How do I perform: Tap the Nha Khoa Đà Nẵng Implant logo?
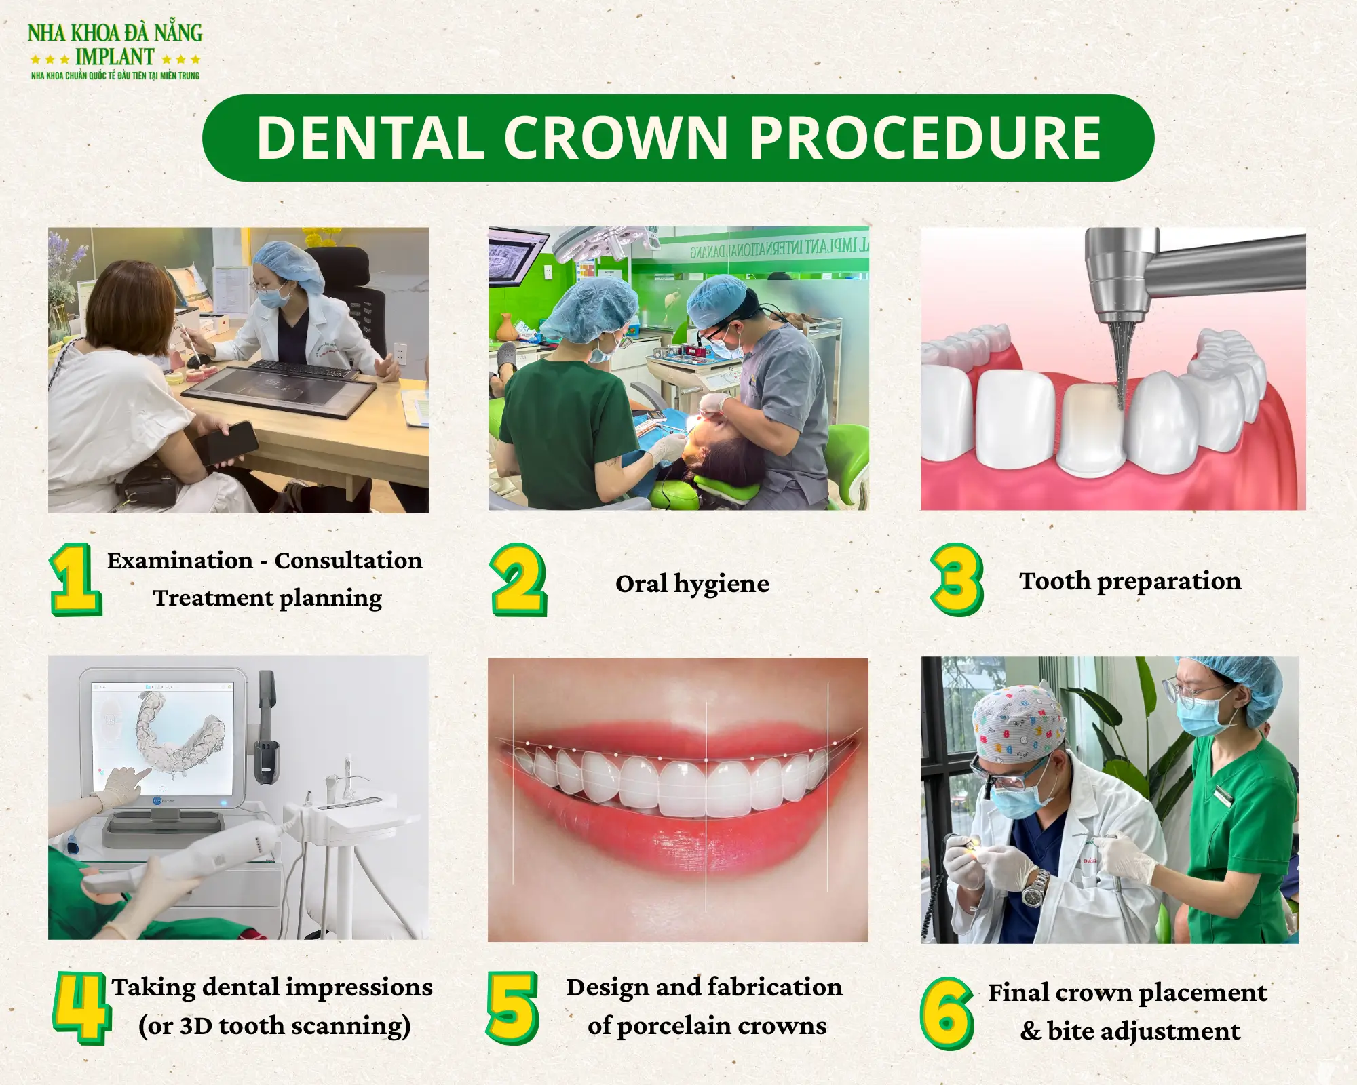point(115,52)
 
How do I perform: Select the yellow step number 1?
point(75,579)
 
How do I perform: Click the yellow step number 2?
point(518,580)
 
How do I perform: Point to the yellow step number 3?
point(957,580)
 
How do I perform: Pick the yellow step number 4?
point(81,1008)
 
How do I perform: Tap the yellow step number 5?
point(512,1008)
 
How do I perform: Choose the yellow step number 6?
point(947,1013)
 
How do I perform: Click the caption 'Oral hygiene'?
point(692,583)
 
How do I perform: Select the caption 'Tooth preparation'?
point(1130,581)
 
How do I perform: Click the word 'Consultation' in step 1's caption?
point(348,561)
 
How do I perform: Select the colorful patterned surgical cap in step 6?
point(1018,722)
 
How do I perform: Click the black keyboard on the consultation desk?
point(302,370)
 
